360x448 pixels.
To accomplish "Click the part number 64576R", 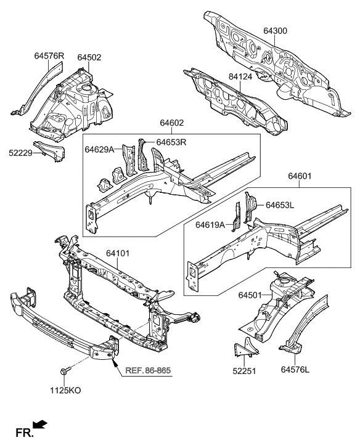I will click(49, 56).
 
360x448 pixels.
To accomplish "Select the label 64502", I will click(89, 57).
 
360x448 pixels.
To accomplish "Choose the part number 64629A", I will click(100, 150).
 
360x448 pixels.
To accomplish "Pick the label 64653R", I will click(171, 142).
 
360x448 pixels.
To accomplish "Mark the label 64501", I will click(253, 296).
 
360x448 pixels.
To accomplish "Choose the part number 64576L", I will click(295, 370).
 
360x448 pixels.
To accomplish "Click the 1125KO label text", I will click(64, 390).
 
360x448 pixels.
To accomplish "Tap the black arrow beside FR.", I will click(39, 424).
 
